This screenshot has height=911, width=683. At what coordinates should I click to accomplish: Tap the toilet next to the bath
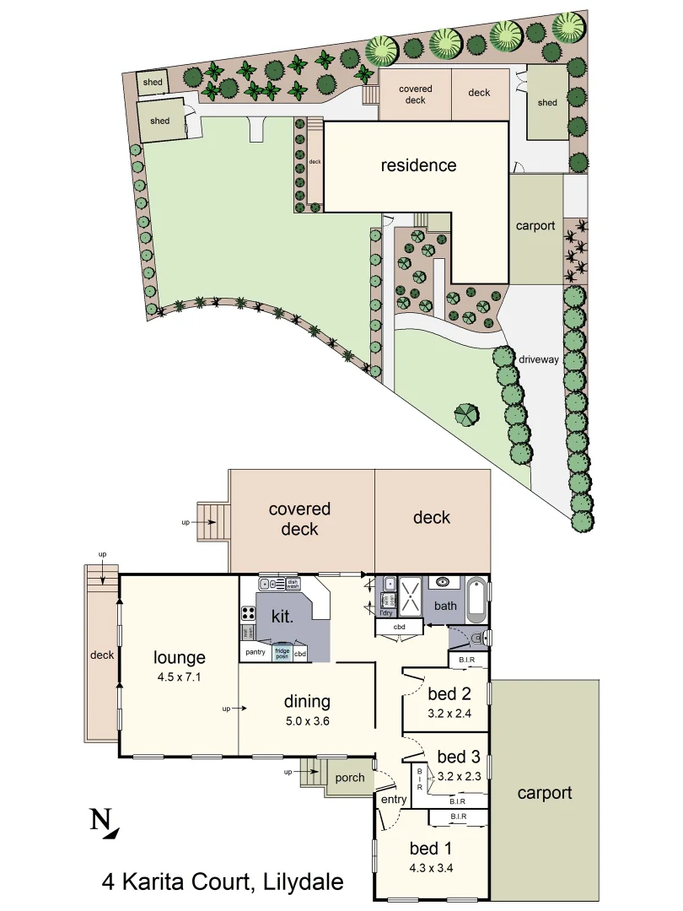tap(477, 639)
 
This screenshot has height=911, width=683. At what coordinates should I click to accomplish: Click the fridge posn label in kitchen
tap(282, 653)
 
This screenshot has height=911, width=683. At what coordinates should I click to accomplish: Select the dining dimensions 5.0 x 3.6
tap(306, 721)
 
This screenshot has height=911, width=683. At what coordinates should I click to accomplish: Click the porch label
tap(348, 778)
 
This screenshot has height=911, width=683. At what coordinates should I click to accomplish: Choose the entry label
tap(394, 799)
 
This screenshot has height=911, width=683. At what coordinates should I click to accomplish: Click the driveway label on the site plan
tap(538, 359)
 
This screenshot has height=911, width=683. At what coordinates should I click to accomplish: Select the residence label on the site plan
tap(418, 165)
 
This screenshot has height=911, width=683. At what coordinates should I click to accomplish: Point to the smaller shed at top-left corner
tap(152, 82)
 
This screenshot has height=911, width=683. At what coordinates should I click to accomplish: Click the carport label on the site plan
tap(535, 226)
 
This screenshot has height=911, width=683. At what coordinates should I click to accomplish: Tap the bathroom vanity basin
tap(442, 582)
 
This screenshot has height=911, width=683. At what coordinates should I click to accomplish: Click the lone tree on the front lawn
tap(465, 414)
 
